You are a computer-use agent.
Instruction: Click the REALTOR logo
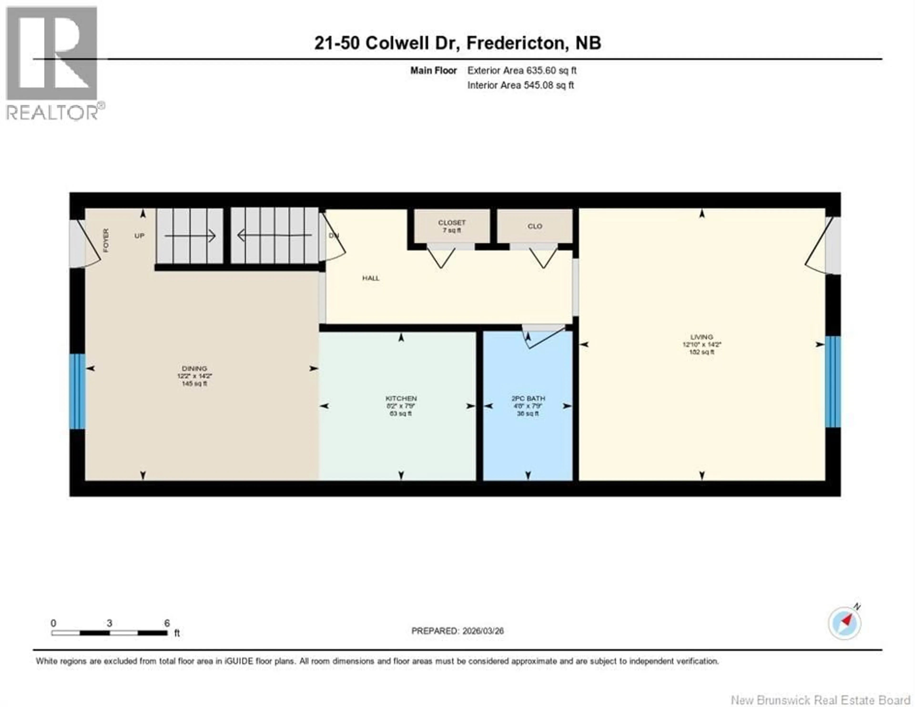[52, 63]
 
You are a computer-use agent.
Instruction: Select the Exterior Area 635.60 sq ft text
[522, 70]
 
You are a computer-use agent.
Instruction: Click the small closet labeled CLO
[535, 226]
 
